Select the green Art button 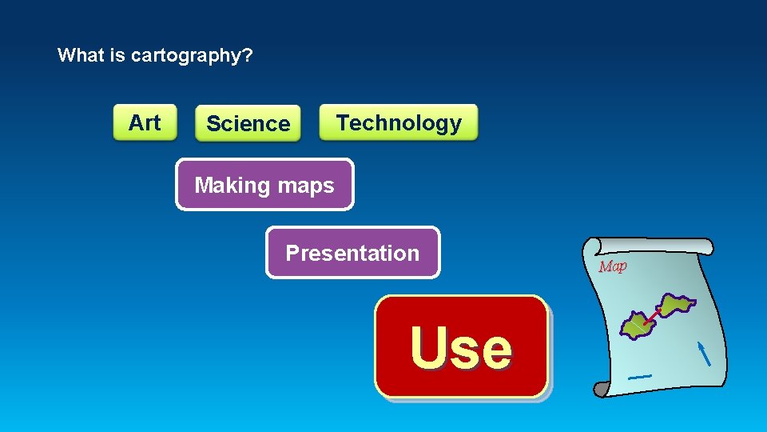(x=145, y=122)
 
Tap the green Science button (x=248, y=124)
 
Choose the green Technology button (x=398, y=122)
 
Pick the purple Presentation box (x=352, y=253)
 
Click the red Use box (x=461, y=346)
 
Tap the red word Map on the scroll (x=613, y=266)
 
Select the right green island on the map (x=676, y=305)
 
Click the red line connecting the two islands (x=654, y=317)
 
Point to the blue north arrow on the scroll (x=704, y=353)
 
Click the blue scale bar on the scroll (x=639, y=376)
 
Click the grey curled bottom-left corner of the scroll (x=601, y=389)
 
